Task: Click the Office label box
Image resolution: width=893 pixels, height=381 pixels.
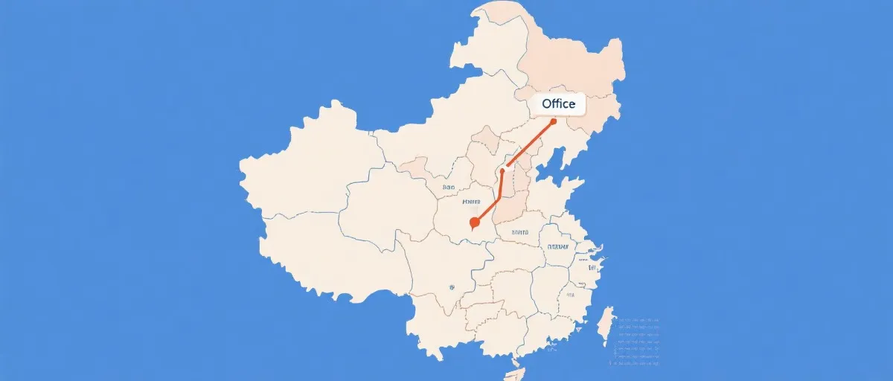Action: pos(559,104)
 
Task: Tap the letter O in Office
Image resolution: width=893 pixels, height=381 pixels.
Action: pos(547,104)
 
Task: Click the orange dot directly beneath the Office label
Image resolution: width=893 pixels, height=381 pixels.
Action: pos(553,121)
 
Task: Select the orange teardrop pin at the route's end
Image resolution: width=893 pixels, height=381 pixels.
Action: pos(475,222)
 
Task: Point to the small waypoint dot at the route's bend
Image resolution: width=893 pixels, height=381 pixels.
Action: pos(502,171)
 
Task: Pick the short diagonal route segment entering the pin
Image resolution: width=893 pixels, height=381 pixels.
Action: pos(487,211)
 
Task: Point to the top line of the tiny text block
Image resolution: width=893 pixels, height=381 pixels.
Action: pos(638,319)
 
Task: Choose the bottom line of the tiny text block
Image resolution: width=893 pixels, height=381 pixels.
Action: pos(638,365)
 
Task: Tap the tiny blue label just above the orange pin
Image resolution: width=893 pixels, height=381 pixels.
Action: pos(471,202)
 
